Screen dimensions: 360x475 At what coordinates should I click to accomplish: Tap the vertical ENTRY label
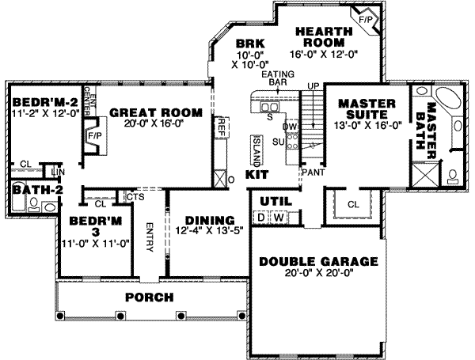[x=149, y=235]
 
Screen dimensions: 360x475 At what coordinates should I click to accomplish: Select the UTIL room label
[x=267, y=200]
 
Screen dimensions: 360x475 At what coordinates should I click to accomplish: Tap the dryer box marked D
[x=260, y=217]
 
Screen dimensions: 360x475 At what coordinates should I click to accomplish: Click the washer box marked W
[x=279, y=217]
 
